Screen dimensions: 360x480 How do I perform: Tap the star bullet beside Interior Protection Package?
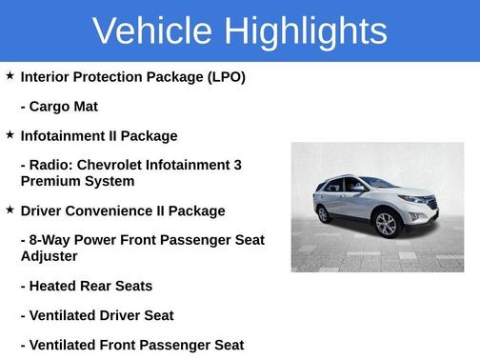point(10,75)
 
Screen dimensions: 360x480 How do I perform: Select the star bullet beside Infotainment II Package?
point(10,134)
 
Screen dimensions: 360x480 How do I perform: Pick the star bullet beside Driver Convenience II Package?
point(10,209)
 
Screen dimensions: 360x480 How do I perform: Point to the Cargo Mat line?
point(58,106)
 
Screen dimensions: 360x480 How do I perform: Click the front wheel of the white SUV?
point(387,225)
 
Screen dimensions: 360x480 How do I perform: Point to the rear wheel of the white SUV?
point(324,213)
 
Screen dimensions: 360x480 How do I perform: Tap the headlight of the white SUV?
point(413,200)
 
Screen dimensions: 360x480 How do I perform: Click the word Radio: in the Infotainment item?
point(52,165)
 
